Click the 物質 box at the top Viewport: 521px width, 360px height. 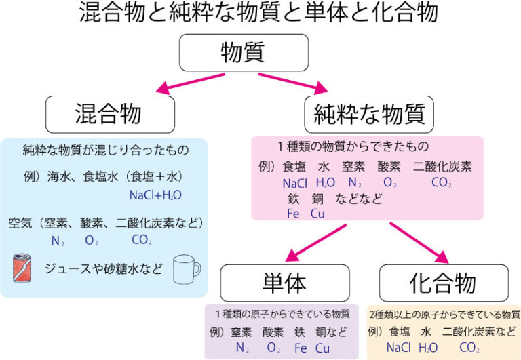pyautogui.click(x=242, y=53)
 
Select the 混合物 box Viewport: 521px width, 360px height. pyautogui.click(x=109, y=113)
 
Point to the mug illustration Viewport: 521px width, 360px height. pyautogui.click(x=187, y=269)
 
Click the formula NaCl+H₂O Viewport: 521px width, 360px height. pyautogui.click(x=155, y=195)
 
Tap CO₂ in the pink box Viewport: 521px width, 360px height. pyautogui.click(x=441, y=182)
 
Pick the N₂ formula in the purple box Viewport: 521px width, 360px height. pyautogui.click(x=242, y=348)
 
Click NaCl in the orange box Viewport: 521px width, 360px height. pyautogui.click(x=400, y=348)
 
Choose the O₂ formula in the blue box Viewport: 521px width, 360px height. pyautogui.click(x=92, y=240)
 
